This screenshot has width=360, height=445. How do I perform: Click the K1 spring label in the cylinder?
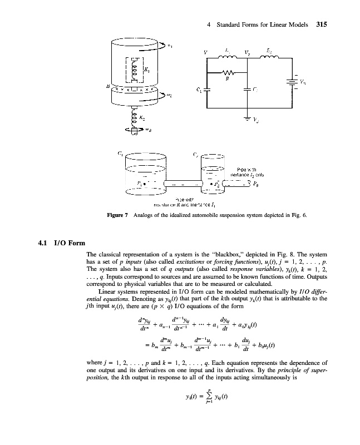point(146,70)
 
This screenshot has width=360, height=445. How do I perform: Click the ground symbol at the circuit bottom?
point(248,117)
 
